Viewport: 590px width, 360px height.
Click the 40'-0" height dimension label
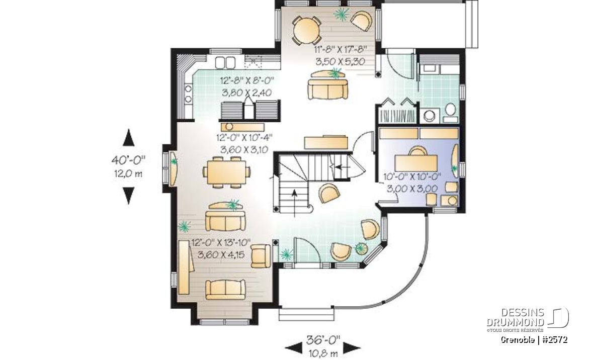[x=128, y=160]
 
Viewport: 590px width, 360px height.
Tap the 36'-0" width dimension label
[x=323, y=340]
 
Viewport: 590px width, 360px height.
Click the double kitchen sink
[x=225, y=61]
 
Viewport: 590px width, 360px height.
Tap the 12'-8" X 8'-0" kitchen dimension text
[x=247, y=80]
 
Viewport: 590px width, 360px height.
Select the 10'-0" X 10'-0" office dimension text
[x=412, y=176]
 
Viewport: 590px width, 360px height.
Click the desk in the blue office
[x=416, y=163]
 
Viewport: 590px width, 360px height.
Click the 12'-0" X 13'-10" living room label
[x=221, y=243]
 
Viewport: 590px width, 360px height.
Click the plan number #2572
[x=555, y=340]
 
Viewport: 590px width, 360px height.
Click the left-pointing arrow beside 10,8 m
[x=294, y=348]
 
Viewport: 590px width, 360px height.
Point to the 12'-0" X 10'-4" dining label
[x=244, y=137]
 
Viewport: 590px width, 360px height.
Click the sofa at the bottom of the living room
[x=225, y=289]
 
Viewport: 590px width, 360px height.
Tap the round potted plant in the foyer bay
[x=362, y=248]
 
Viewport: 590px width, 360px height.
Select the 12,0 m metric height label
[x=128, y=173]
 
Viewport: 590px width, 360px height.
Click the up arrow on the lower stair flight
[x=295, y=204]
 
